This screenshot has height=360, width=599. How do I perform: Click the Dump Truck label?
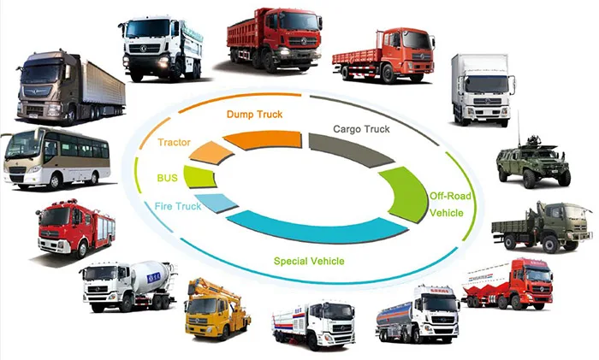(254, 114)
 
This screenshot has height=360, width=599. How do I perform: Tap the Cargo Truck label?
(361, 129)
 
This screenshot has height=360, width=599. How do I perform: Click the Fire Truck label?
(177, 206)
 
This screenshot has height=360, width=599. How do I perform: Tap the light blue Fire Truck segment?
(222, 203)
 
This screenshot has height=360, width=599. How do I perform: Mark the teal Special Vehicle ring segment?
(317, 228)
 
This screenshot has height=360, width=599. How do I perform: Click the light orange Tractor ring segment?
(211, 153)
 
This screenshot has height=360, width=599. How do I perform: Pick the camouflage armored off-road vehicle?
(534, 161)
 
